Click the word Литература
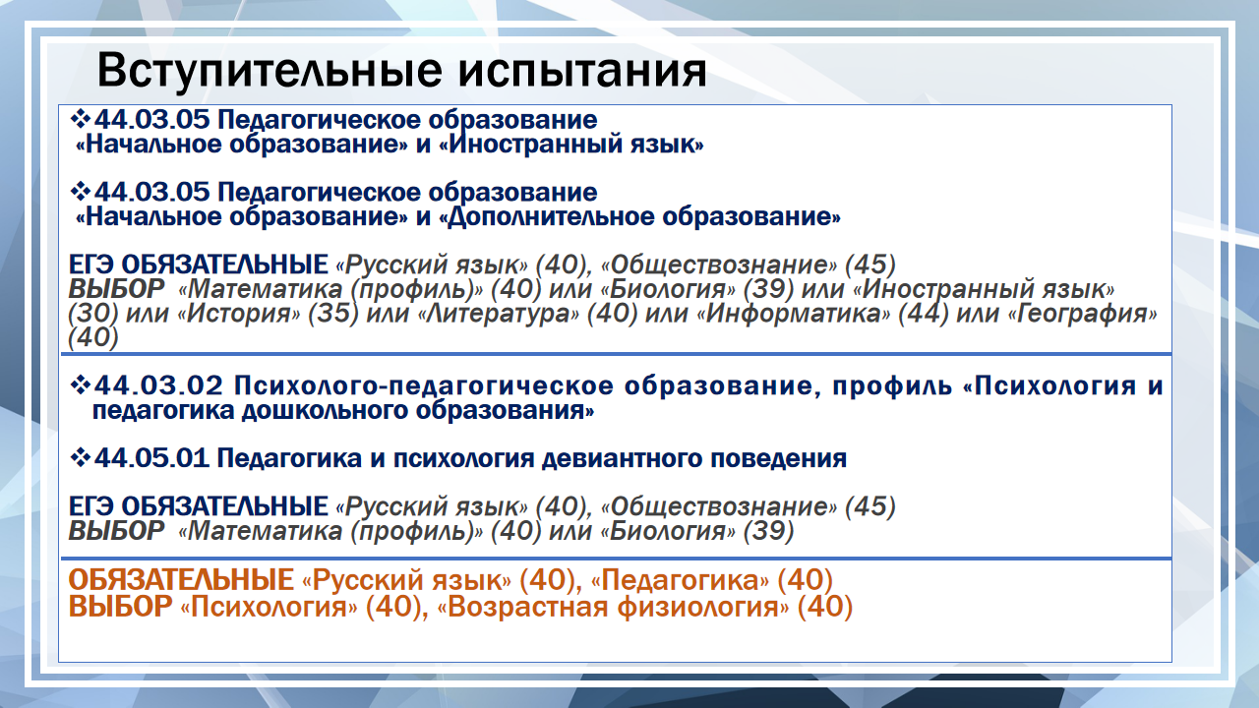(499, 314)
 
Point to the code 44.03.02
(159, 385)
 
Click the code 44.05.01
(151, 458)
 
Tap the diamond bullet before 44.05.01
(81, 457)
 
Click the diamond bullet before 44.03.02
(81, 384)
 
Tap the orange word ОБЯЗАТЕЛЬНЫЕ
(181, 580)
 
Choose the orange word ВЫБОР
(120, 607)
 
